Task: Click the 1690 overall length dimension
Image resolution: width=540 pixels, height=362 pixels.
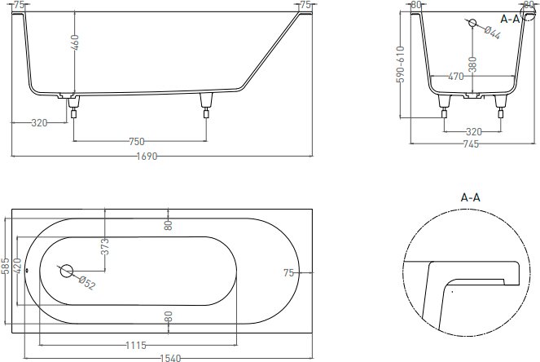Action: tap(147, 157)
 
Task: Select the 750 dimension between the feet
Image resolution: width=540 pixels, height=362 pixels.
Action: tap(137, 141)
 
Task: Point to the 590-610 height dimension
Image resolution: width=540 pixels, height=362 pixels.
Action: tap(401, 64)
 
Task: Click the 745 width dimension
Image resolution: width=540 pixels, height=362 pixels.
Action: tap(471, 143)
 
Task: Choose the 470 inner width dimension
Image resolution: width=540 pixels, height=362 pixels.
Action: tap(456, 77)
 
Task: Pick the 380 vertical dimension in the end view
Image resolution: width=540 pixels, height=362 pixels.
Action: tap(472, 64)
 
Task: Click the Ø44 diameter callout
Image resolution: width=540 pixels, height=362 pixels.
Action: tap(492, 33)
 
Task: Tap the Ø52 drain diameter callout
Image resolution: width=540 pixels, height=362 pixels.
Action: tap(87, 283)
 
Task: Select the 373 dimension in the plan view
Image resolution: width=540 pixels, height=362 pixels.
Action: tap(105, 246)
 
